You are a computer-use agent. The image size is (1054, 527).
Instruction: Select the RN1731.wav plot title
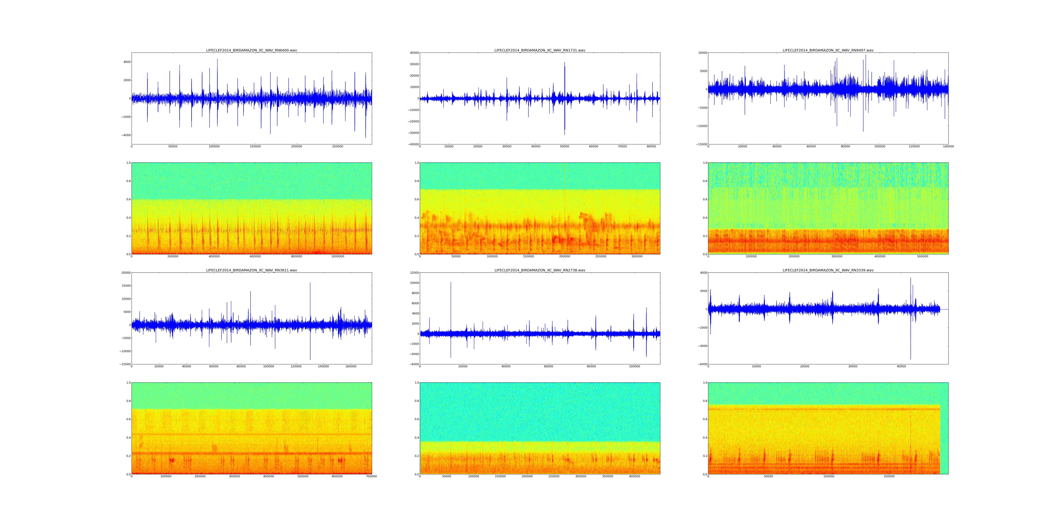[x=540, y=50]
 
